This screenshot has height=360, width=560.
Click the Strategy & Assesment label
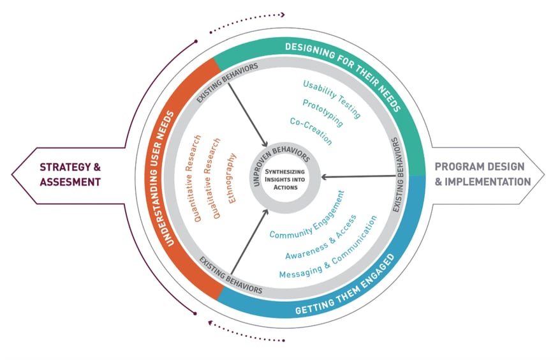(71, 174)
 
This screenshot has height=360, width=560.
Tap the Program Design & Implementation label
(483, 174)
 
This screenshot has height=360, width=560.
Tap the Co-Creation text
(311, 130)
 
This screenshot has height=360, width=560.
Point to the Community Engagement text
(307, 215)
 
